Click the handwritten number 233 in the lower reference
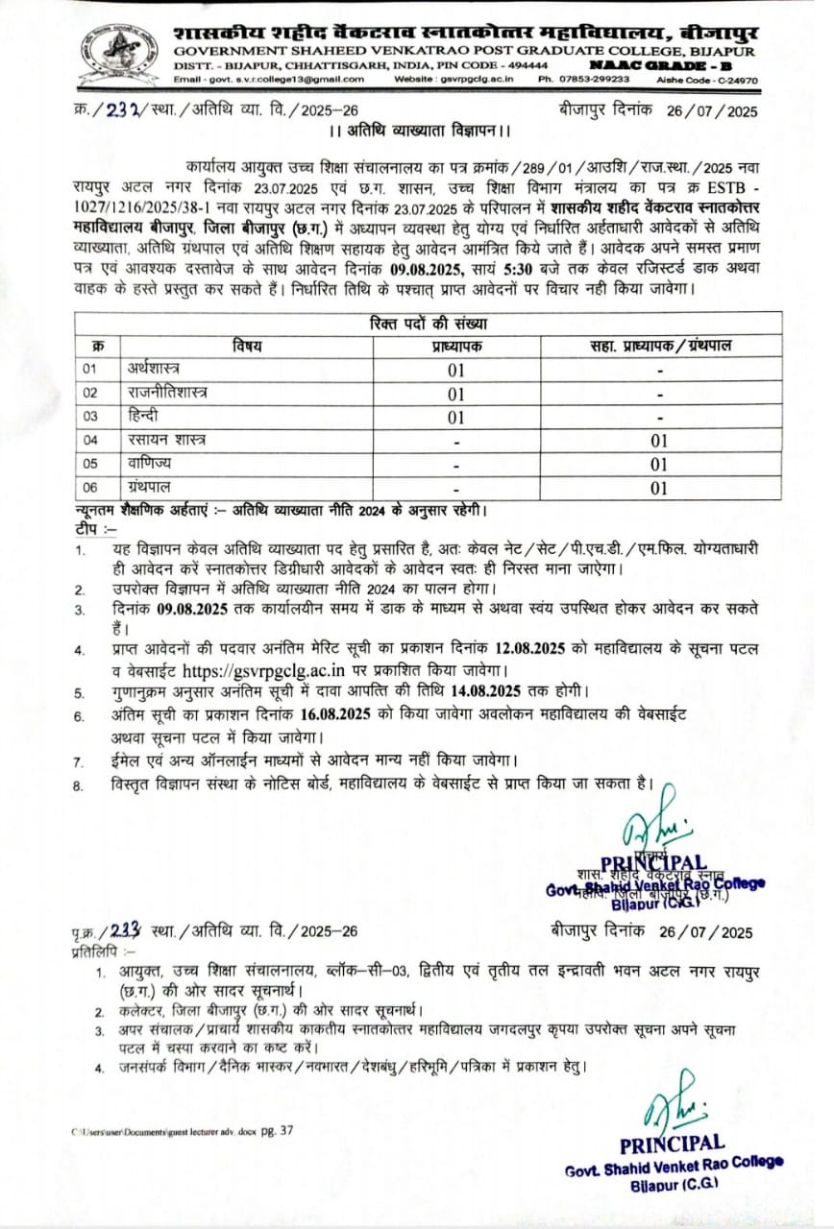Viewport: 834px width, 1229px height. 128,930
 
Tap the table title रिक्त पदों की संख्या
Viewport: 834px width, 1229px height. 428,324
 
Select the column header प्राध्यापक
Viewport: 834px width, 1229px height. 455,346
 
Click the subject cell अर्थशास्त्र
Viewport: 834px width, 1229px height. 152,369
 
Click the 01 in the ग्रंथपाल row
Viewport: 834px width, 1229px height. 659,488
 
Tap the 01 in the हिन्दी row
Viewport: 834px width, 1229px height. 455,417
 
